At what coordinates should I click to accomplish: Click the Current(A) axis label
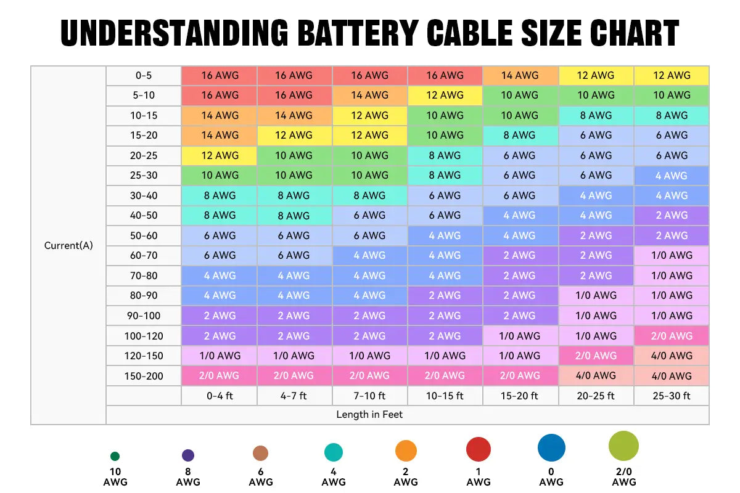click(x=68, y=245)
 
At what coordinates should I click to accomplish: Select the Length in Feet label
click(x=369, y=415)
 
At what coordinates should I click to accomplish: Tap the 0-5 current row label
click(x=144, y=75)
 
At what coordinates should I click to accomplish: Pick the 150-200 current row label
click(x=144, y=376)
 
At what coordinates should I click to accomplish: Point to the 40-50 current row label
click(x=144, y=216)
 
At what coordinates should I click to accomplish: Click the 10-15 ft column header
click(x=445, y=396)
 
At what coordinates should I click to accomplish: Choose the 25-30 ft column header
click(x=672, y=396)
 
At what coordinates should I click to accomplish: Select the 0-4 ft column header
click(x=220, y=396)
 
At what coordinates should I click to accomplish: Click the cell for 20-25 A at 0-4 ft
click(x=220, y=155)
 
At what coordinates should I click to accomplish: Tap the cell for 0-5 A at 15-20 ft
click(x=520, y=75)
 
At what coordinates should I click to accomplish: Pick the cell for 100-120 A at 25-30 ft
click(x=672, y=336)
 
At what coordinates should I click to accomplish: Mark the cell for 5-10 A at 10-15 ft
click(x=445, y=95)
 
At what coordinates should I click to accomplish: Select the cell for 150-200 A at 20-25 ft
click(x=596, y=376)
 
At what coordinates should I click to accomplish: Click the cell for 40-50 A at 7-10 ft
click(x=369, y=216)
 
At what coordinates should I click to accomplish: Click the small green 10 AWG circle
click(x=115, y=457)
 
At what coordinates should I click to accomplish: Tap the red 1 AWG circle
click(x=479, y=450)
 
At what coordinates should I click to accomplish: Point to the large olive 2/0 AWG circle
click(x=623, y=446)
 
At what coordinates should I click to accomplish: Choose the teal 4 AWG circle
click(x=334, y=453)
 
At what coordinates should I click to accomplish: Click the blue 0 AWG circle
click(x=551, y=448)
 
